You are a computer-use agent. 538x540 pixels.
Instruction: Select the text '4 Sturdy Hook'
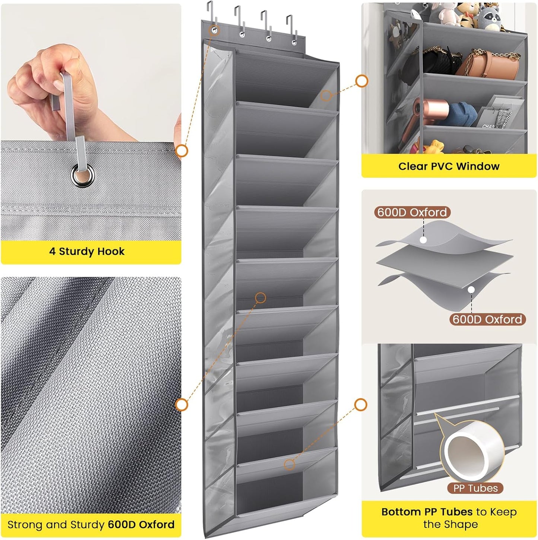[87, 252]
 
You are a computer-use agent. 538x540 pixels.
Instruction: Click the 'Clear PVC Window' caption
[449, 166]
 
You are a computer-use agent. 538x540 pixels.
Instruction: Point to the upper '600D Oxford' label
[412, 212]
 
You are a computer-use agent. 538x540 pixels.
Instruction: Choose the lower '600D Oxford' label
[487, 319]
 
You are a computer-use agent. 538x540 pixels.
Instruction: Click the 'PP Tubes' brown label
[475, 488]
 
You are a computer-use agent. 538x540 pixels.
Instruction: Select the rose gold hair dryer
[428, 112]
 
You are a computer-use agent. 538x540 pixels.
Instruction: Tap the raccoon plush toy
[489, 17]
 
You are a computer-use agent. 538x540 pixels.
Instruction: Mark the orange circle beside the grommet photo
[182, 151]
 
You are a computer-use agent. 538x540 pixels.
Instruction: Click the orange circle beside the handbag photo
[362, 81]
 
